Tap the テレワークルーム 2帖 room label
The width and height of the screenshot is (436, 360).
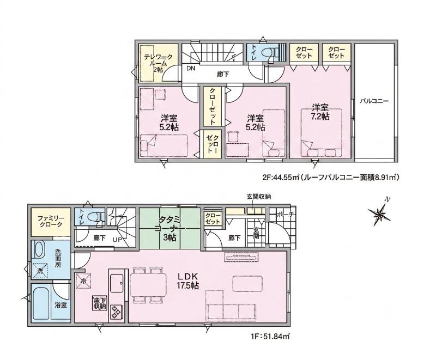pos(158,63)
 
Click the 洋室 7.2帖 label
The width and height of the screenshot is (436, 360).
pos(320,112)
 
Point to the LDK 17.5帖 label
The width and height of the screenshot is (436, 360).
pos(187,281)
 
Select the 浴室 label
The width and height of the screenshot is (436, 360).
pos(60,305)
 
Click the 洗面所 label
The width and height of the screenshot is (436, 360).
pos(58,258)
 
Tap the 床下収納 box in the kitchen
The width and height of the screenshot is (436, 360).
pos(99,303)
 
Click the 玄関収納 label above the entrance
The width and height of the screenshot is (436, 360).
pos(258,197)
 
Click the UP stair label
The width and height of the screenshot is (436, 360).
pos(117,239)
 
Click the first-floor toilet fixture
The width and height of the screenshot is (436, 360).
pos(96,216)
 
